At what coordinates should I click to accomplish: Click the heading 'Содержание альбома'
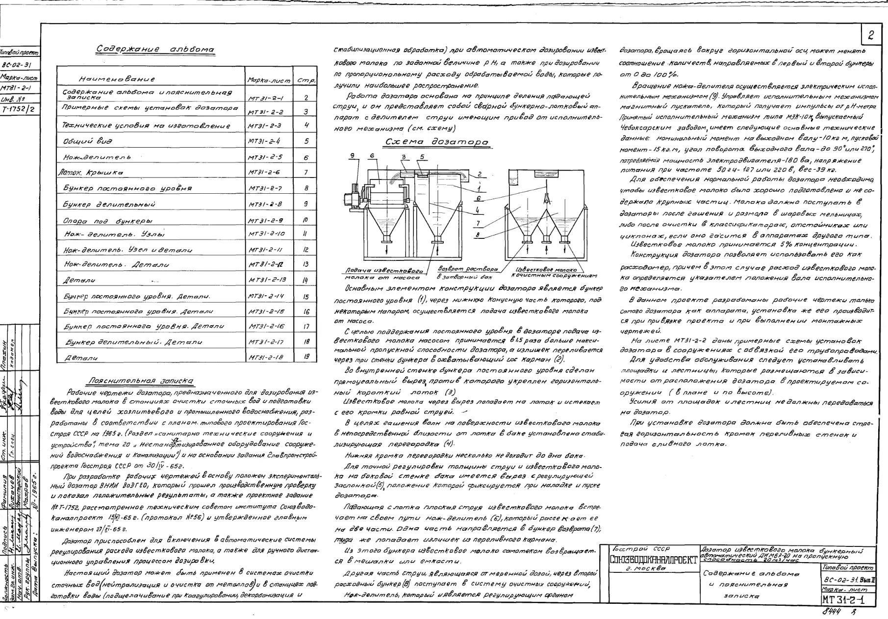coord(155,50)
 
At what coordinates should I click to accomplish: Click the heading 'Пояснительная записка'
coord(140,381)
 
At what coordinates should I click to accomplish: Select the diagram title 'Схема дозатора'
coord(437,142)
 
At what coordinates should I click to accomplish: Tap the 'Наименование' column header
coord(117,78)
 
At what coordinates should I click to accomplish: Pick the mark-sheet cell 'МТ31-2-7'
coord(265,188)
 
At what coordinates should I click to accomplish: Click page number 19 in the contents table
coord(306,357)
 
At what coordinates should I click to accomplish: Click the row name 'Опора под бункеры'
coord(108,221)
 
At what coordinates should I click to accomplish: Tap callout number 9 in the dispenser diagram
coord(352,156)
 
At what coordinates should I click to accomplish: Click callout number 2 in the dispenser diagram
coord(479,174)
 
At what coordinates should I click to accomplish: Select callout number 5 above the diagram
coord(421,157)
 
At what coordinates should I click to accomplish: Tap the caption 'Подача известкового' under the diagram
coord(384,270)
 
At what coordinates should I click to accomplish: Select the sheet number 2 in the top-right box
coord(871,35)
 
